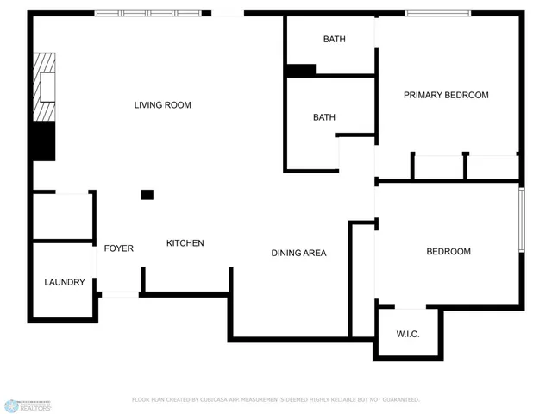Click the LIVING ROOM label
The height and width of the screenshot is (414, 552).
point(162,105)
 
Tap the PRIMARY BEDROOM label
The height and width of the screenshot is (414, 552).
point(446,95)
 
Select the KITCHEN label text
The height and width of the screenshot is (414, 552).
point(185,243)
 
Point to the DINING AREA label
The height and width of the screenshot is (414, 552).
point(298,253)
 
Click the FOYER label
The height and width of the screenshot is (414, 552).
point(119,248)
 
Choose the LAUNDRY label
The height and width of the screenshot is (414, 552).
point(65,282)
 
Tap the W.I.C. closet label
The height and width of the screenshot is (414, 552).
point(408,334)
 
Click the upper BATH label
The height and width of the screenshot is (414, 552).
point(335,40)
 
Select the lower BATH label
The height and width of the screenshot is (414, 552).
point(324,117)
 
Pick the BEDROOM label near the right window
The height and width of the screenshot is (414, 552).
point(448,251)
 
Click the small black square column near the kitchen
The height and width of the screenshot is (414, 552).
point(147,195)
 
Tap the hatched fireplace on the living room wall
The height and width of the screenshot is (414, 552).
point(44,87)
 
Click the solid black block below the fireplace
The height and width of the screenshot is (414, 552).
point(43,141)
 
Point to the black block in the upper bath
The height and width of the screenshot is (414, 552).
point(300,70)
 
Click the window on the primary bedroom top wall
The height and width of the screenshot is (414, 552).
point(438,14)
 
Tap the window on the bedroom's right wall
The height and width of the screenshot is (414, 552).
point(521,220)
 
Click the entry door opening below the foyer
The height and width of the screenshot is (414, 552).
point(119,295)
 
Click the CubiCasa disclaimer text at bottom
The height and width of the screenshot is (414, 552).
point(275,399)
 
